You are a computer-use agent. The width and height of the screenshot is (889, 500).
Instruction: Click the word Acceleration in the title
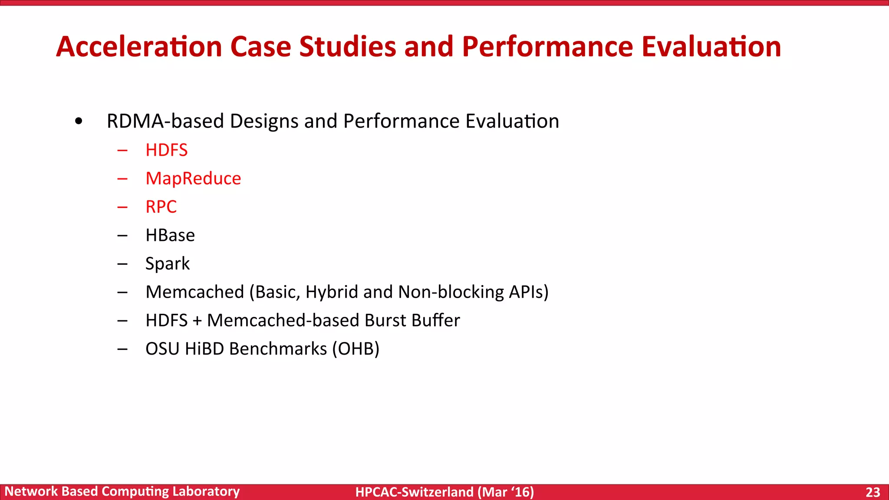tap(139, 46)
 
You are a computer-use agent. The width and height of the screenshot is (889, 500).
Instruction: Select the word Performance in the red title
tap(547, 46)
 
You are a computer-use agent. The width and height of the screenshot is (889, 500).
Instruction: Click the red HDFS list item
tap(167, 150)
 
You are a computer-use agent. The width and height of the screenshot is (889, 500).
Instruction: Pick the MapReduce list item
tap(193, 179)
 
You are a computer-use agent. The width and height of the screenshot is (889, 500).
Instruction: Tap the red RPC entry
tap(161, 207)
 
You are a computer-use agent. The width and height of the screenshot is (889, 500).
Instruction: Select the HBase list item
tap(170, 235)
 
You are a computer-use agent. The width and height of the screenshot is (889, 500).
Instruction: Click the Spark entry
tap(168, 264)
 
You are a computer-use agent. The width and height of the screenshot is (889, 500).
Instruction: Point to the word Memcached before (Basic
tap(195, 292)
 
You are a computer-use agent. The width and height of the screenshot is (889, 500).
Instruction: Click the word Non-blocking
tap(451, 292)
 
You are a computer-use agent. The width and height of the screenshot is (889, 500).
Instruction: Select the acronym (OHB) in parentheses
tap(356, 349)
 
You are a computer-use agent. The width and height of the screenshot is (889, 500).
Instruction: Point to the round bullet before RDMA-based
tap(78, 122)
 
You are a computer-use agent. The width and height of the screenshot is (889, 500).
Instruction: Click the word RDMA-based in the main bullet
tap(165, 121)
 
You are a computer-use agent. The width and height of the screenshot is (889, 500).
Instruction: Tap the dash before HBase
tap(122, 236)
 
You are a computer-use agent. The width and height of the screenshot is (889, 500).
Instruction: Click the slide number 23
tap(873, 492)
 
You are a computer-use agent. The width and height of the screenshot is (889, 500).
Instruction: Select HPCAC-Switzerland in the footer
tap(414, 492)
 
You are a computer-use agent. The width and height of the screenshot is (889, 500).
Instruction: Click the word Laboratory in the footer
tap(206, 491)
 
